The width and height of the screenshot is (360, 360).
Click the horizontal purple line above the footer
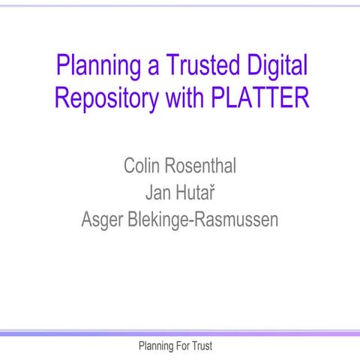[x=180, y=333]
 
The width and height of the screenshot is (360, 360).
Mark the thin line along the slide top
[x=180, y=5]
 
